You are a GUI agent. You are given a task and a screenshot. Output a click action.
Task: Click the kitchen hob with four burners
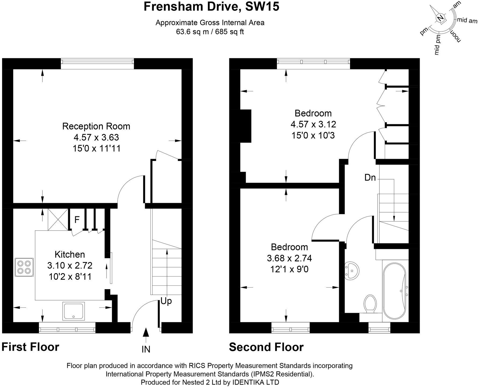tap(24, 267)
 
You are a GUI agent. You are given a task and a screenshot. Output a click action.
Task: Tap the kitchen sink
tap(74, 311)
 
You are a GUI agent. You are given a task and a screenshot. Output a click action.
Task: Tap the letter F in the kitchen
tap(77, 220)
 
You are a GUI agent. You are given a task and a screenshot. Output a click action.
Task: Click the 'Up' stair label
tap(166, 302)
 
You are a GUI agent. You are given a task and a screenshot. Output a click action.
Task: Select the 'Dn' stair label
tap(370, 178)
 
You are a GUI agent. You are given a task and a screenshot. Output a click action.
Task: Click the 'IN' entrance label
tap(146, 349)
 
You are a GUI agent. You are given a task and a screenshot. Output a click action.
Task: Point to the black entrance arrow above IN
tap(146, 332)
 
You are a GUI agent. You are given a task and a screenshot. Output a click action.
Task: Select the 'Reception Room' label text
tap(96, 126)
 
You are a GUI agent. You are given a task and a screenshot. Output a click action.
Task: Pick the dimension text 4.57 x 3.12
tap(313, 124)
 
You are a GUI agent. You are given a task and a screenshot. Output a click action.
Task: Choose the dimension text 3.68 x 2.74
tap(289, 258)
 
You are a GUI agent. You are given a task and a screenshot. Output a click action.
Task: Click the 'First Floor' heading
tap(30, 347)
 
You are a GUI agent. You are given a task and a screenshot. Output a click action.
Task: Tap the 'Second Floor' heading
tap(266, 347)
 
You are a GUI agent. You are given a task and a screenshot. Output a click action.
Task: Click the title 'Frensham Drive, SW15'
tap(211, 6)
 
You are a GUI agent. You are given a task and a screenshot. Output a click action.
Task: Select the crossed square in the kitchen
tap(58, 219)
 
